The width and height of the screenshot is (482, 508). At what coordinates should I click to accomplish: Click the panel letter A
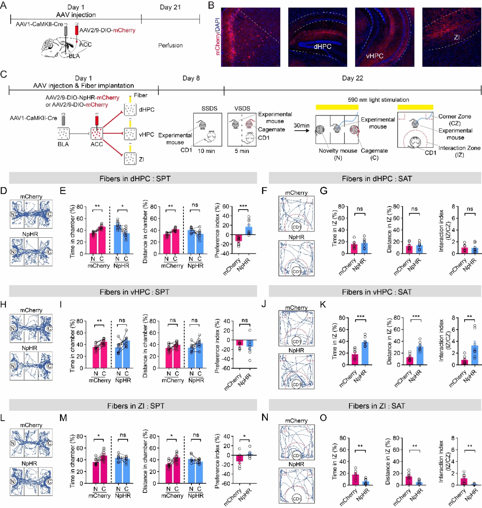(x=3, y=5)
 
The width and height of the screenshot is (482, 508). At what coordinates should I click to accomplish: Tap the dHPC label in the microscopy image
(x=322, y=47)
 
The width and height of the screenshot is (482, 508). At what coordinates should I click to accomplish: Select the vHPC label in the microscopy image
(x=374, y=56)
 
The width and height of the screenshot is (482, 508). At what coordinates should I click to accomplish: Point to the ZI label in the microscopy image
(x=457, y=37)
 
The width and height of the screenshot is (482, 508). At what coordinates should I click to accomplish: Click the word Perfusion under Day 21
(x=170, y=45)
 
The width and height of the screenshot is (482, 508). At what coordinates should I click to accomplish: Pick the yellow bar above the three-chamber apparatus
(x=337, y=107)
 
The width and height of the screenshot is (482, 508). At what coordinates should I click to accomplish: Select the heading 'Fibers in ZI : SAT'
(x=377, y=405)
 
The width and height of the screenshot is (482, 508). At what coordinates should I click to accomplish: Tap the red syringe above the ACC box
(x=96, y=120)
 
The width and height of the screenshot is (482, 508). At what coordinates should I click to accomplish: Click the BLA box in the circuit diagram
(x=63, y=133)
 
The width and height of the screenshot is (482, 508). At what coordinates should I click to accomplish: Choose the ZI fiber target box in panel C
(x=130, y=159)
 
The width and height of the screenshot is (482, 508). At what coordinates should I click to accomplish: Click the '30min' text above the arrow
(x=301, y=125)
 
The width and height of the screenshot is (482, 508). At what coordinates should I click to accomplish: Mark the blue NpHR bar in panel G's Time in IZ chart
(x=364, y=248)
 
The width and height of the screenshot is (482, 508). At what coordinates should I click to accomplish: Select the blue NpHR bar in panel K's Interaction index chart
(x=474, y=355)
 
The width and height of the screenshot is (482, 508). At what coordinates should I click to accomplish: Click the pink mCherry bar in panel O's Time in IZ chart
(x=355, y=479)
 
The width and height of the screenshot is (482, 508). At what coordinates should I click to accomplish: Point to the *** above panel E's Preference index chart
(x=243, y=206)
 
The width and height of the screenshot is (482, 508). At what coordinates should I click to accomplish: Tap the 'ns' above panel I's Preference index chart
(x=245, y=320)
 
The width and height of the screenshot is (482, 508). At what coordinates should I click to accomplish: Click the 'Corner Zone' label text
(x=455, y=116)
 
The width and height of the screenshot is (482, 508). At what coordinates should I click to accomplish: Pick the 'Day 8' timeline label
(x=191, y=78)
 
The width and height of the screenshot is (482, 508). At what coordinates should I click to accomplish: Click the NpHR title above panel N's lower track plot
(x=296, y=464)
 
